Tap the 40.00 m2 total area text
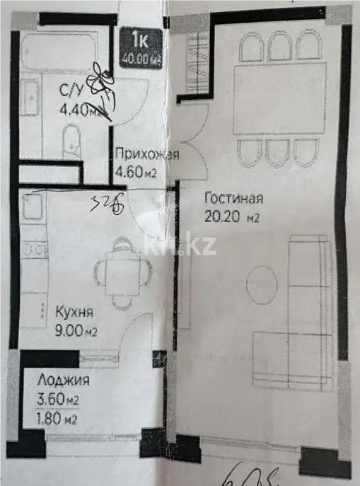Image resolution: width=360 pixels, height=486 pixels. coord(139,59)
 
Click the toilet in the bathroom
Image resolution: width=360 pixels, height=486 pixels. coord(71,141)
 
